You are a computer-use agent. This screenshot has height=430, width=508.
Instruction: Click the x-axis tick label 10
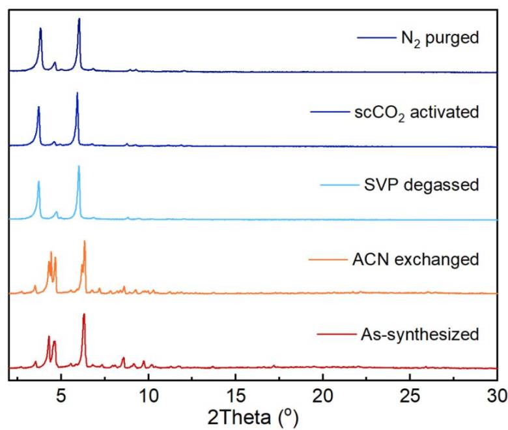click(148, 394)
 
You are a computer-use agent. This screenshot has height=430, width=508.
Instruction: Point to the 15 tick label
click(236, 394)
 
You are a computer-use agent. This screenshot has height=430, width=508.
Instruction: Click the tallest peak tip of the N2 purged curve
click(79, 19)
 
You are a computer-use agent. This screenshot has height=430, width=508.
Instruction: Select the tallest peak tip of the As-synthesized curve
click(84, 315)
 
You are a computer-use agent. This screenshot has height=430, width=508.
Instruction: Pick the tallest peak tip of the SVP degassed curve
click(79, 166)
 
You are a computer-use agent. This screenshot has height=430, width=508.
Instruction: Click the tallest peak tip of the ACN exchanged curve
click(84, 241)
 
